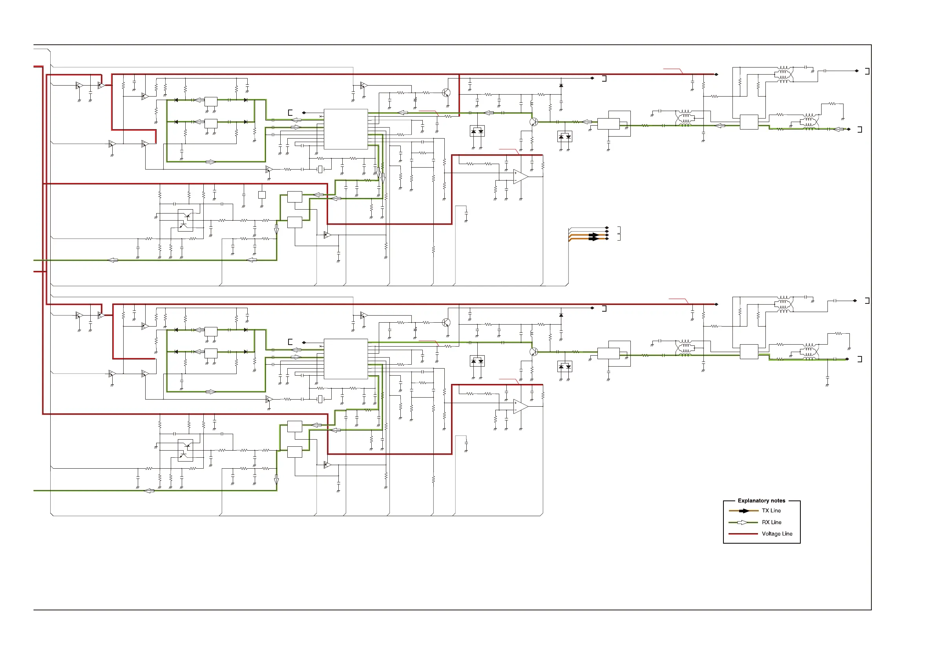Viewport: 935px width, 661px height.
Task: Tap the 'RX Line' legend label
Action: [x=771, y=522]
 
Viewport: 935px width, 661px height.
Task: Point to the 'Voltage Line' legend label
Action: [x=776, y=533]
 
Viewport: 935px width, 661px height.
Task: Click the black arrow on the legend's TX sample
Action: [x=743, y=511]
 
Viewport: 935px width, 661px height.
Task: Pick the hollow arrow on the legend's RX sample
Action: [x=742, y=522]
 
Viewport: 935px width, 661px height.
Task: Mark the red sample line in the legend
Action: [x=743, y=533]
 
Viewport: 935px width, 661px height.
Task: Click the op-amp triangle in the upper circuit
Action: [x=520, y=177]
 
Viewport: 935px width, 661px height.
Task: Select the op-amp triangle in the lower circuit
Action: [x=520, y=407]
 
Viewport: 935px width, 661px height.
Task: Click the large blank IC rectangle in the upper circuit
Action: [x=346, y=129]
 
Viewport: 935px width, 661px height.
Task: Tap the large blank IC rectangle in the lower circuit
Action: [x=346, y=359]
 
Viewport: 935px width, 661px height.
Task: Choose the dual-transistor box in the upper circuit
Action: [x=185, y=220]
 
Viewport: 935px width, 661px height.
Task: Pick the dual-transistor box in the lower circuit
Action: [x=185, y=450]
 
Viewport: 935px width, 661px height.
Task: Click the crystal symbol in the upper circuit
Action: [x=320, y=170]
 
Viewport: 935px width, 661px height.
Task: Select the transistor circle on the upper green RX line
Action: [x=534, y=122]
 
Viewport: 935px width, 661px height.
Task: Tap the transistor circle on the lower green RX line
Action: [x=534, y=351]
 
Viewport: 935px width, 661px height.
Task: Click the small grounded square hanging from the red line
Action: [x=262, y=195]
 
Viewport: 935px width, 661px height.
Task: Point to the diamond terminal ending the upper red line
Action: [x=716, y=75]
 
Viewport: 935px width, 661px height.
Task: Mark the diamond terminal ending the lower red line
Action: [x=716, y=304]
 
